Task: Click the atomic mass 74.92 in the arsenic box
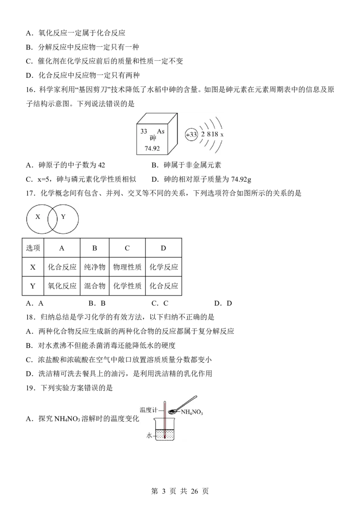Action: (152, 148)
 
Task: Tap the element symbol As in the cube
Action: (161, 131)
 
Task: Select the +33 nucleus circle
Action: (191, 134)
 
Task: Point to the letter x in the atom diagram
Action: (222, 135)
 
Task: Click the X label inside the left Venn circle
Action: (38, 217)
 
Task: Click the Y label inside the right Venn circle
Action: (63, 217)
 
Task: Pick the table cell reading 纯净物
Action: (94, 267)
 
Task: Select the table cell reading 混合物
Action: (94, 286)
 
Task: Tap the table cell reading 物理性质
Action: (127, 267)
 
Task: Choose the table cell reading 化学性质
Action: (127, 286)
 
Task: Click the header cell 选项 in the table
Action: (33, 248)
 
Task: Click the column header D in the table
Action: (163, 248)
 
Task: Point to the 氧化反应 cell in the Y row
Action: (62, 286)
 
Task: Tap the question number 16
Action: (30, 90)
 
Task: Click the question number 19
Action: (30, 388)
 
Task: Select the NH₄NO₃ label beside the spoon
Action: (192, 412)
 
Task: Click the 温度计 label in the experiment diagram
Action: (148, 410)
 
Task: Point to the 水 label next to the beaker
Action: (149, 436)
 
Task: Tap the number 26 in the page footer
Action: (194, 491)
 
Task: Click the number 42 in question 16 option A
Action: (101, 165)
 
